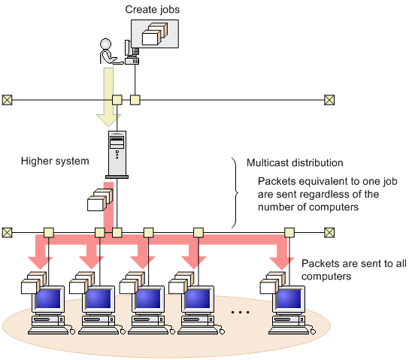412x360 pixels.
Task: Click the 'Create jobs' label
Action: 153,10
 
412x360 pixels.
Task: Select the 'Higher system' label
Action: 55,161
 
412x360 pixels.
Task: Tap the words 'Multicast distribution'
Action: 295,163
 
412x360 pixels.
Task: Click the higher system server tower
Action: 117,155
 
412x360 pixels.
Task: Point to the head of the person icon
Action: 105,44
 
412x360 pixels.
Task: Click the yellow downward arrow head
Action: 108,120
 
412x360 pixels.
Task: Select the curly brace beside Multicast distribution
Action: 235,193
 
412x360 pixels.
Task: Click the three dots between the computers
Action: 240,312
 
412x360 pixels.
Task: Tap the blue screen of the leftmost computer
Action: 48,298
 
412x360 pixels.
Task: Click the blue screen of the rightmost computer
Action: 289,298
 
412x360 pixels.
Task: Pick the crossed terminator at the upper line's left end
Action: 7,100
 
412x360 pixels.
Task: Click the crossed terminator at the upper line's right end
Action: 329,100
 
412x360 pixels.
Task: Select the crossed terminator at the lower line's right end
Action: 329,233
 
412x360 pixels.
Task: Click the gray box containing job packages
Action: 155,34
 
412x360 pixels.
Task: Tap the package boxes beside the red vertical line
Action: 100,200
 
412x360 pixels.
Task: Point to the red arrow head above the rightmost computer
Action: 282,263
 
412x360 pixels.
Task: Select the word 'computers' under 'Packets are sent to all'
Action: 326,277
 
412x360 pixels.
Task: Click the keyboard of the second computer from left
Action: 98,331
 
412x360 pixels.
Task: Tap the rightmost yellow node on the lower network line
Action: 289,233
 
